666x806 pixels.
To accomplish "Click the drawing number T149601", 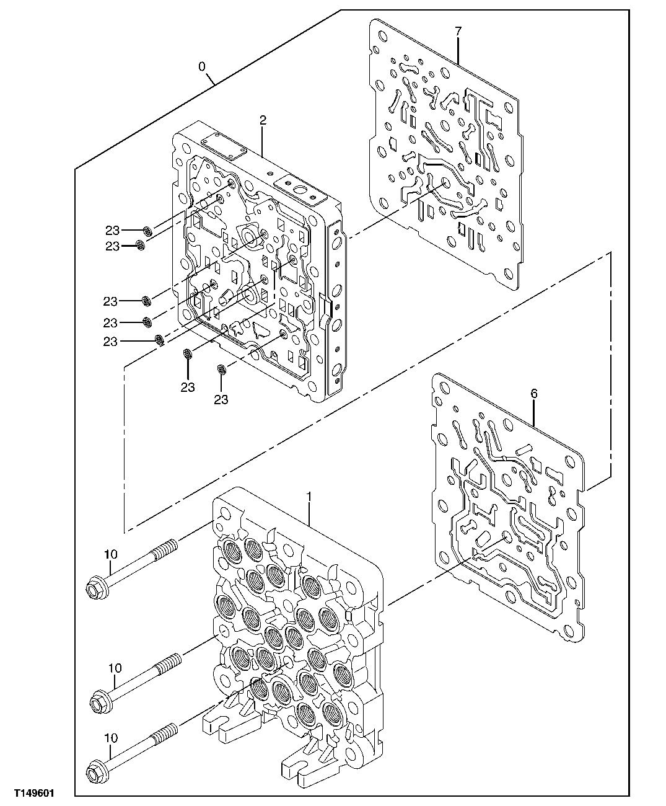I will click(29, 793).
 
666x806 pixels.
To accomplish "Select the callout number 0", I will click(202, 65).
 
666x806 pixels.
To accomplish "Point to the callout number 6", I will click(534, 393).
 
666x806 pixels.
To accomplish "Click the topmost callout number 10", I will click(110, 554).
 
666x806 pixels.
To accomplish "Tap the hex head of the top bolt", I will click(95, 584).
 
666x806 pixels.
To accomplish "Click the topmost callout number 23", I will click(112, 230).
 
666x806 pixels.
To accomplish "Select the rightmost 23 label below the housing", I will click(221, 399).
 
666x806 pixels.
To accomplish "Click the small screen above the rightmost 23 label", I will click(221, 370).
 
